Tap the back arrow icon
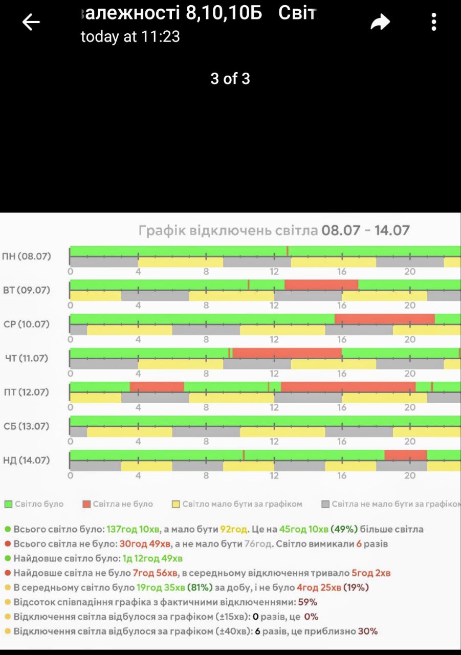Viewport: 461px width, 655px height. coord(31,22)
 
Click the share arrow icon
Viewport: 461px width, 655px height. coord(380,22)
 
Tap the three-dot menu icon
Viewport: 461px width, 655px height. coord(434,22)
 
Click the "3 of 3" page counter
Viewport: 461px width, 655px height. coord(230,78)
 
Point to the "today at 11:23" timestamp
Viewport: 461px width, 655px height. coord(130,37)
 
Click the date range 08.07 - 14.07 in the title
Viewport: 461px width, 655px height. coord(365,230)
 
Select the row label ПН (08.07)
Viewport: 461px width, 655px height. coord(27,256)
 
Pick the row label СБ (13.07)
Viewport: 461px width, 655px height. coord(27,426)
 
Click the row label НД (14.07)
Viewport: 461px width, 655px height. coord(27,460)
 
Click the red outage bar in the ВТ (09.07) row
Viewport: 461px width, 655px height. coord(321,285)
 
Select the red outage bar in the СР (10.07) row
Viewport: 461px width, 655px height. coord(385,319)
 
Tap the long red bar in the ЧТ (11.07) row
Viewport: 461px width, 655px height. coord(287,353)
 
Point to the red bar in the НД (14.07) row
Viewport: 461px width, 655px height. coord(405,455)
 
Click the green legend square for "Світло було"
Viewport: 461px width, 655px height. coord(8,504)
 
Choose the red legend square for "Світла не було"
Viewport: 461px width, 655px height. coord(86,504)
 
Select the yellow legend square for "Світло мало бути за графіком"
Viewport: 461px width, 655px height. coord(176,504)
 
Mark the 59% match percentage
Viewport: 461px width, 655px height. coord(308,602)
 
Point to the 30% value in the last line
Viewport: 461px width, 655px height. coord(367,631)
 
